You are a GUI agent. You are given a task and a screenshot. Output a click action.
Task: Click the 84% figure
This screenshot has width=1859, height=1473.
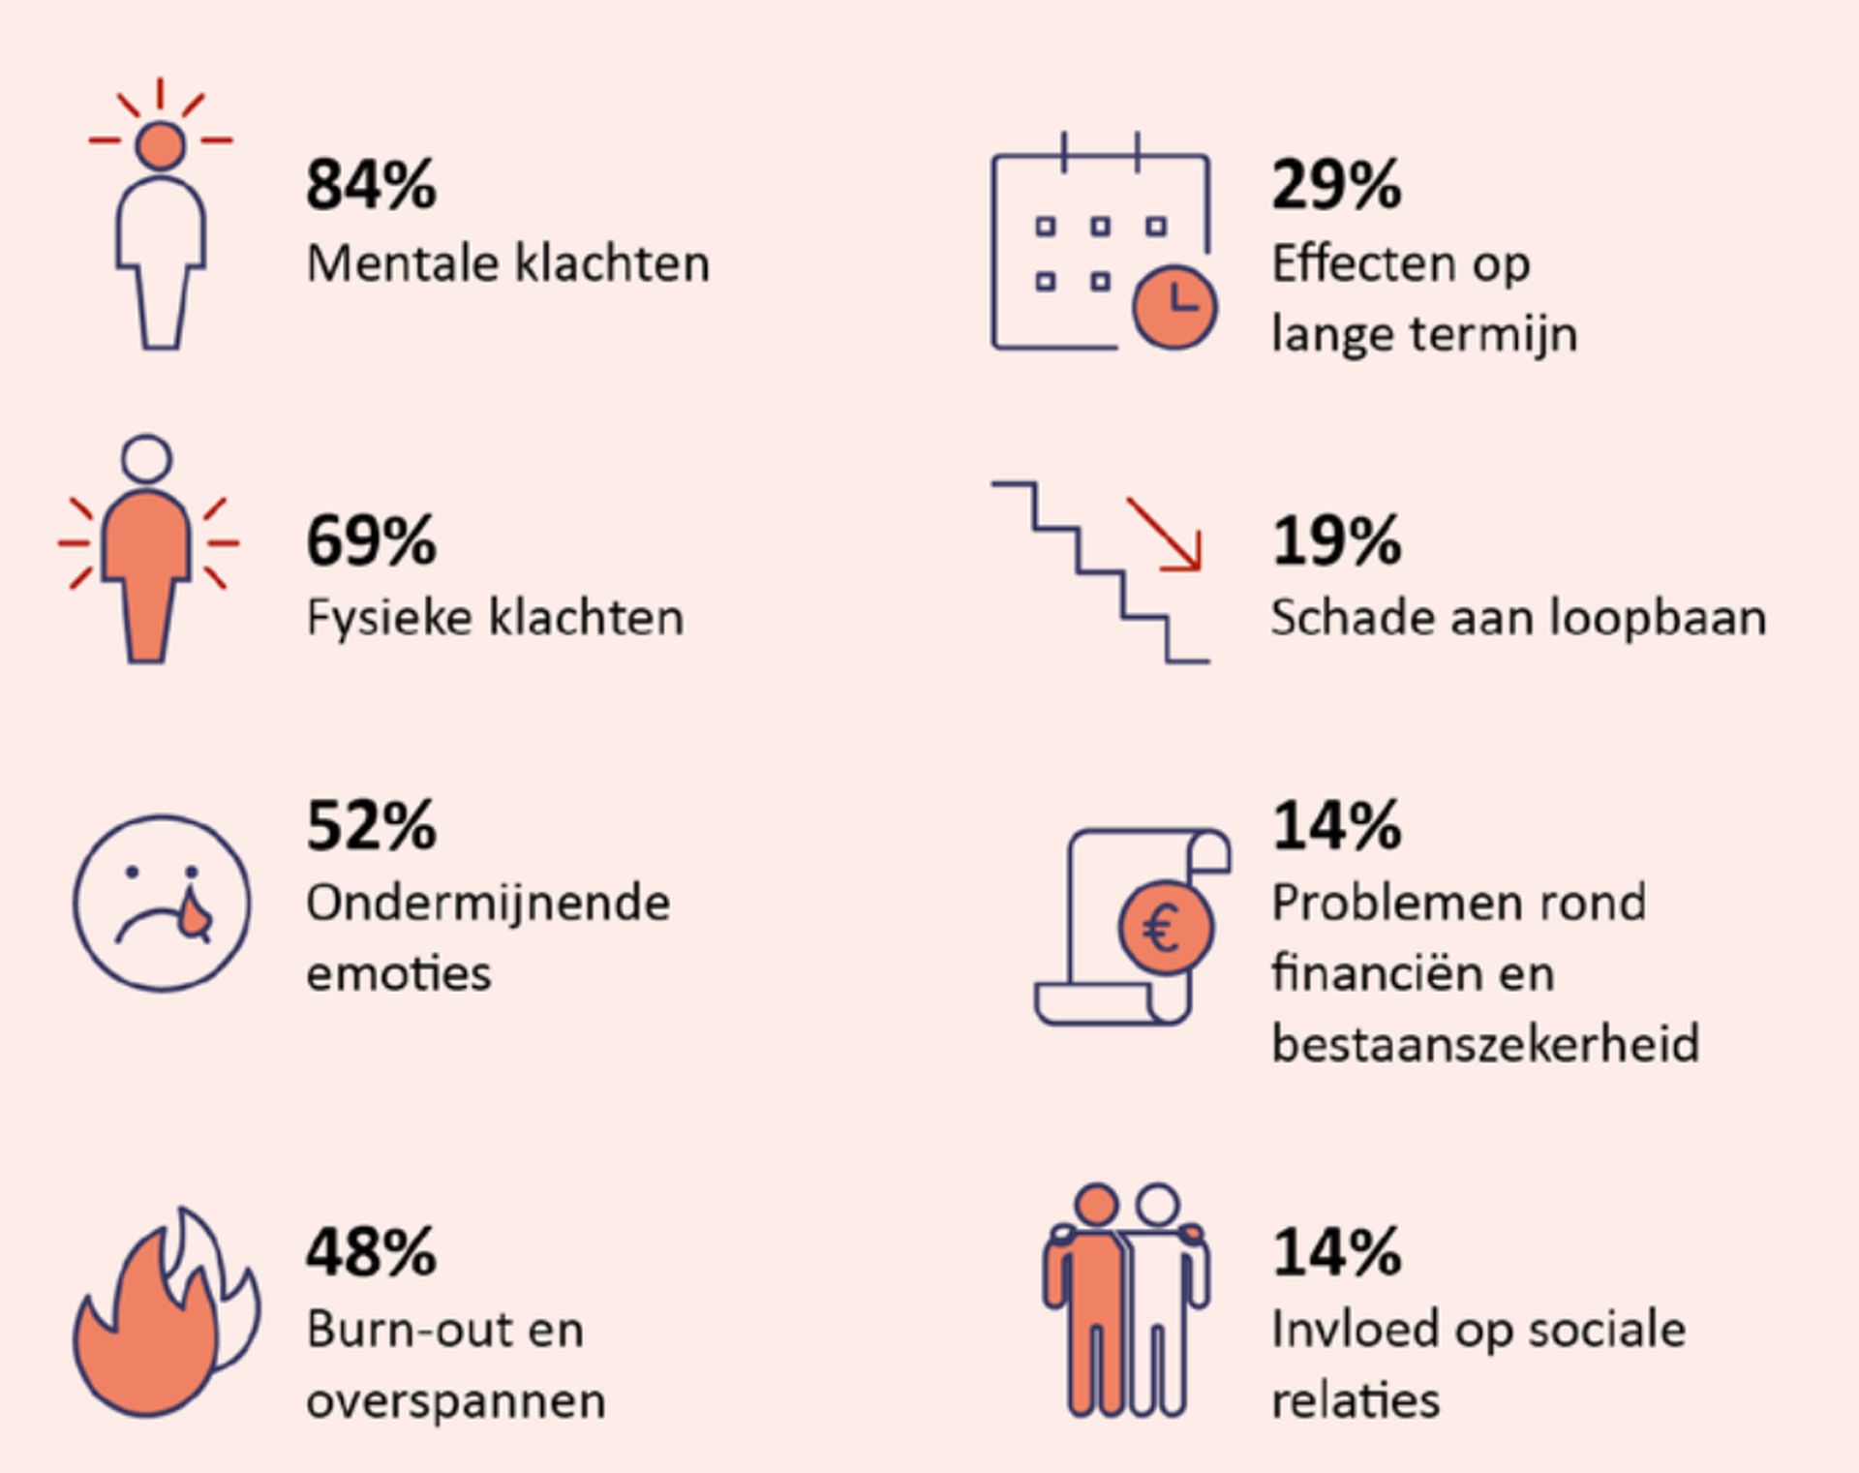(x=371, y=185)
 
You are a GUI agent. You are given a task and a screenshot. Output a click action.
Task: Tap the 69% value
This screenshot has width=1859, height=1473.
(x=371, y=540)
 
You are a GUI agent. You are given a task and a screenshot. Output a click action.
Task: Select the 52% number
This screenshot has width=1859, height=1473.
(x=371, y=826)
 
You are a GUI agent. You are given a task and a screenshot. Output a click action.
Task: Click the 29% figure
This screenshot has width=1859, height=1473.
(x=1336, y=185)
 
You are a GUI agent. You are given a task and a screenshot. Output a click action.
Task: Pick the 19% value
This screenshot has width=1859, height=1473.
(x=1336, y=540)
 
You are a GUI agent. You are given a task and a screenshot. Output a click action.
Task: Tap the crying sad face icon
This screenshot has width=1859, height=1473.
(x=162, y=903)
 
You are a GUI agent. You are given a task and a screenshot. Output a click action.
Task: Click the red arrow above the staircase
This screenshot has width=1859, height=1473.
(x=1167, y=535)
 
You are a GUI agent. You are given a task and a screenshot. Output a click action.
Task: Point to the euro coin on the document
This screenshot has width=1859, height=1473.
(x=1165, y=928)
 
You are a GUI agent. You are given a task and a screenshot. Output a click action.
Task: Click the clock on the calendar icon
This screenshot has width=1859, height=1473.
(x=1174, y=306)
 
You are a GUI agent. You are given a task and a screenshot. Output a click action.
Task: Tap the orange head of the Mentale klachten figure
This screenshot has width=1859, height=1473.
(x=161, y=145)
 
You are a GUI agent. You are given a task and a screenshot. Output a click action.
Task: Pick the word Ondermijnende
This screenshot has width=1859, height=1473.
(x=488, y=903)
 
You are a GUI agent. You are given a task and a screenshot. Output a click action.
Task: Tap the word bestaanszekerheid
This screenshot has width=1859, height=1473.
(x=1485, y=1044)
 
